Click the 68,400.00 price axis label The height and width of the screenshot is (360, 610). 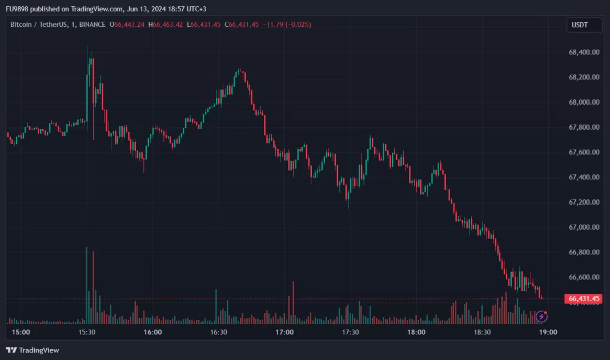click(x=584, y=52)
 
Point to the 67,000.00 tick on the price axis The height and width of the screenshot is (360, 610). click(x=584, y=227)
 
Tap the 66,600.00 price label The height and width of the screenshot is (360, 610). click(x=584, y=277)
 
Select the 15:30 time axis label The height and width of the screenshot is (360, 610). click(x=87, y=332)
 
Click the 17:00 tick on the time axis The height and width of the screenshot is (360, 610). click(x=284, y=332)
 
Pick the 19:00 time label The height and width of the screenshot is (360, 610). click(x=548, y=332)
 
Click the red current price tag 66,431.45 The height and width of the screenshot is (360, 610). click(x=584, y=298)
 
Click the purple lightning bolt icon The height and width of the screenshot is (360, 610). click(x=541, y=315)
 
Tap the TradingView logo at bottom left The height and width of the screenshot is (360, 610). click(x=33, y=350)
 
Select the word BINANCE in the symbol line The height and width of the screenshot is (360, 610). click(x=93, y=25)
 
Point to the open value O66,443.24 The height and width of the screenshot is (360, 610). click(x=128, y=25)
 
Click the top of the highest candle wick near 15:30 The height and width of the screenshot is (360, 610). click(x=87, y=47)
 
